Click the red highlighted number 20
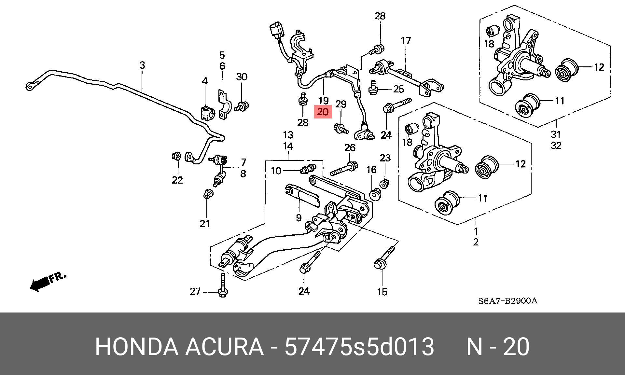[323, 112]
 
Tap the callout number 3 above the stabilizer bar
[142, 65]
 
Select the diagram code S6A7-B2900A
[507, 301]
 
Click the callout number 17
[406, 41]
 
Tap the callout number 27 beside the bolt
[195, 291]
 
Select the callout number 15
[382, 292]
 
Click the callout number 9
[299, 218]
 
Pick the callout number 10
[276, 171]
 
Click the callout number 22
[177, 180]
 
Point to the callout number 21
[205, 224]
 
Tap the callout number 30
[242, 77]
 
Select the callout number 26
[350, 147]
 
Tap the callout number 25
[398, 89]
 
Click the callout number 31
[556, 134]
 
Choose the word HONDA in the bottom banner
[136, 347]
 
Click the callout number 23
[385, 158]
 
